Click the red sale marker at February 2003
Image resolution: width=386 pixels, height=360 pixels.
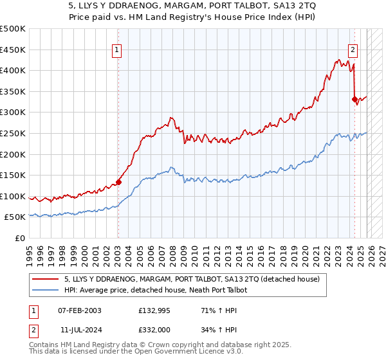click(118, 182)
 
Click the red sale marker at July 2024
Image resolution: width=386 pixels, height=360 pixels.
click(354, 99)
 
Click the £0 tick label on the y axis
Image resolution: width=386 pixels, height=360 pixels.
click(20, 238)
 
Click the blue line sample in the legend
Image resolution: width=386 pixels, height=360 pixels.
click(46, 291)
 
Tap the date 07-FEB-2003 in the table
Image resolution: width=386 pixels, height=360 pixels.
click(79, 310)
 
